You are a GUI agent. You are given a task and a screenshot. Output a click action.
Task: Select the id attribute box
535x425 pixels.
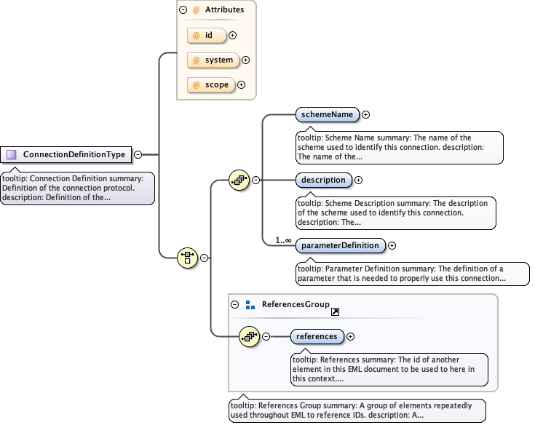point(207,34)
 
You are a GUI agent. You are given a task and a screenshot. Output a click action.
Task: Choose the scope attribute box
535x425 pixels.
point(211,85)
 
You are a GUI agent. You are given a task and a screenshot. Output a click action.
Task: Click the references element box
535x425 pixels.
point(317,336)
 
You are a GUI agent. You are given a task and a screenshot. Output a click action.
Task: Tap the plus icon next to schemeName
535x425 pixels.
point(366,114)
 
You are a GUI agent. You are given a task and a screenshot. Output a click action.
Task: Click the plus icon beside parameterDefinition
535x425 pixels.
point(392,245)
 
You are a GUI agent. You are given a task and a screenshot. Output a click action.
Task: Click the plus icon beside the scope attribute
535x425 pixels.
point(242,85)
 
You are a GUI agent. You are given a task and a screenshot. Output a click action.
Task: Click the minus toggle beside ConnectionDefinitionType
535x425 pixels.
point(138,154)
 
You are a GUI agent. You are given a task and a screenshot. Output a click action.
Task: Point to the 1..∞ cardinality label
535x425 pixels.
point(282,240)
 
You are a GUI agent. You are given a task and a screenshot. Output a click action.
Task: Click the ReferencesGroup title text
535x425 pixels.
point(296,304)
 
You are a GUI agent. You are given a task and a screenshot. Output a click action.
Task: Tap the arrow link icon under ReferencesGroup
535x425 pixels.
point(336,311)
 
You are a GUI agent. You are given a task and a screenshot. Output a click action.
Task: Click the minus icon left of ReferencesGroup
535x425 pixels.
point(234,305)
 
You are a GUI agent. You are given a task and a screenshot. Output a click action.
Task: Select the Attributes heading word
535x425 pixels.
point(224,10)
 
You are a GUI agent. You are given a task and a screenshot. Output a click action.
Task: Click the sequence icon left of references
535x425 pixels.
point(250,336)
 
